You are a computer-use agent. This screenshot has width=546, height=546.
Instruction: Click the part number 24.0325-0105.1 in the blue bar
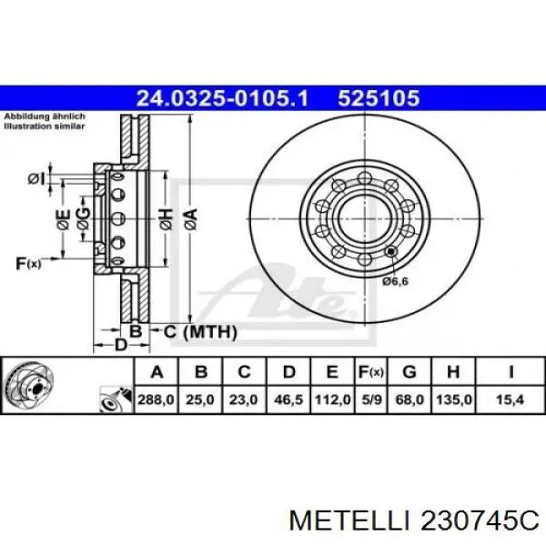(x=222, y=98)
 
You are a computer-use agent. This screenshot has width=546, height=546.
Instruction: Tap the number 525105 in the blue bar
(x=379, y=98)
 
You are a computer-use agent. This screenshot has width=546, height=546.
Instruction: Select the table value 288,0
(x=156, y=399)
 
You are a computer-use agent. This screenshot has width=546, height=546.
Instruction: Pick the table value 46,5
(x=288, y=399)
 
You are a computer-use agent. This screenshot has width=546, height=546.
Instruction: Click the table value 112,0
(x=332, y=399)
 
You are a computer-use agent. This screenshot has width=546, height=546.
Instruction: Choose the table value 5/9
(x=371, y=399)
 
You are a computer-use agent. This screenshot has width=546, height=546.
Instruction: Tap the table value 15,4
(x=511, y=399)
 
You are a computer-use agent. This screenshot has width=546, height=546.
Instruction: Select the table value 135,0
(x=454, y=399)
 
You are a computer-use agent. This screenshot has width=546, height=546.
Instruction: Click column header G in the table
(x=409, y=372)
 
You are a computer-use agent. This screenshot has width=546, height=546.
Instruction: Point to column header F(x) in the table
(x=371, y=372)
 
